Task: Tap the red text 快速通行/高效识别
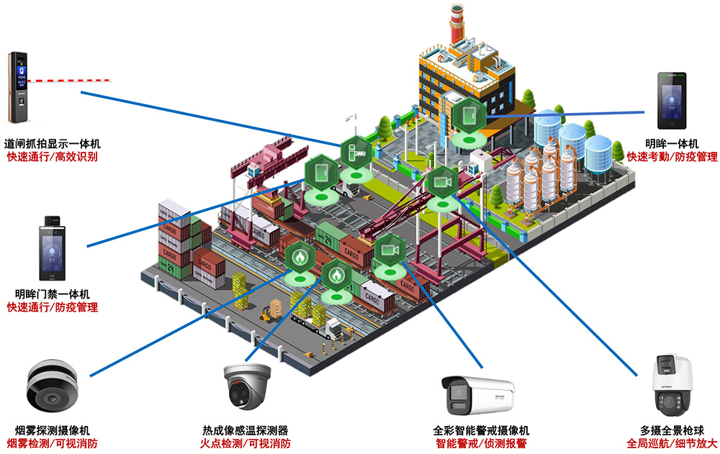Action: (x=52, y=156)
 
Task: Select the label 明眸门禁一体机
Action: (x=52, y=294)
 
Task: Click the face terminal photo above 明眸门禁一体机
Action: (x=52, y=248)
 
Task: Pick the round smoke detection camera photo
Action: (x=52, y=386)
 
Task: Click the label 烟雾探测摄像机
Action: (x=52, y=430)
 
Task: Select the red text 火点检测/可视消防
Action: (x=246, y=443)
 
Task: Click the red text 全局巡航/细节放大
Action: (x=671, y=443)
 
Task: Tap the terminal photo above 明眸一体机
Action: (x=670, y=101)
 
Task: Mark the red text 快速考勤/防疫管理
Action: (x=671, y=156)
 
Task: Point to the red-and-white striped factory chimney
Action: (x=456, y=25)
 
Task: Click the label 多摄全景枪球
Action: (x=671, y=430)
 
